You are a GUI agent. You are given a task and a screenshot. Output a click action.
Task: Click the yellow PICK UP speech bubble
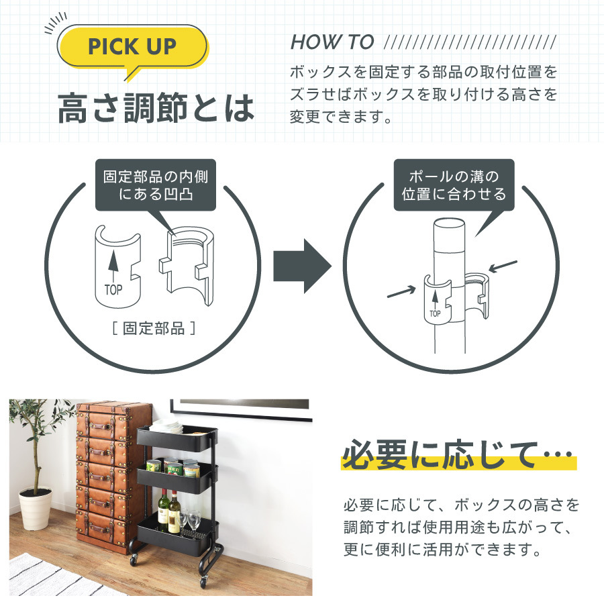[133, 47]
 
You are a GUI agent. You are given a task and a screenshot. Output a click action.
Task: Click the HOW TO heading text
[332, 42]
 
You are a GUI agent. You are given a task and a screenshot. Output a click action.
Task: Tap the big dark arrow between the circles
[301, 267]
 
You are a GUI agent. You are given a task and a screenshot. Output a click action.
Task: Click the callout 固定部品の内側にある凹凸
[154, 185]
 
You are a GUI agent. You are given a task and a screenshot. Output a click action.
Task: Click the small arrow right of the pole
[503, 266]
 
